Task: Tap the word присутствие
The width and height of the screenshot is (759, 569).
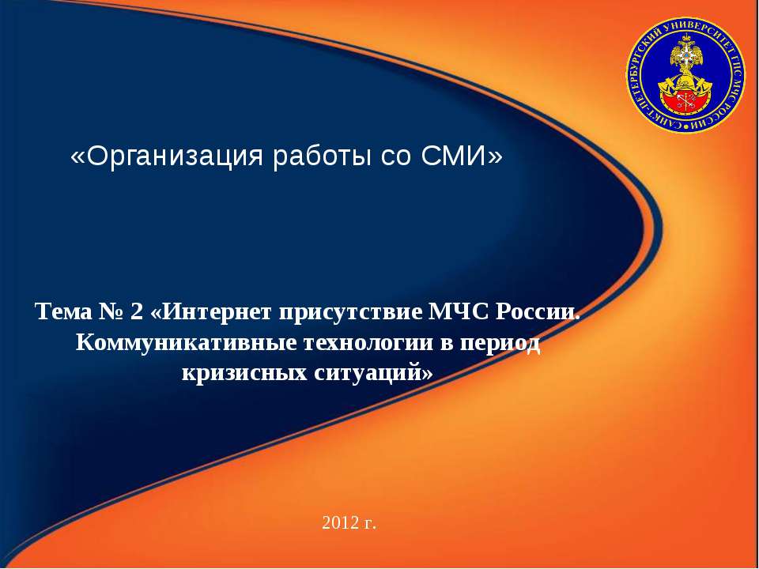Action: click(349, 313)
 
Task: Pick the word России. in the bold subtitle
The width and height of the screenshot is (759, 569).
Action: click(538, 313)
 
